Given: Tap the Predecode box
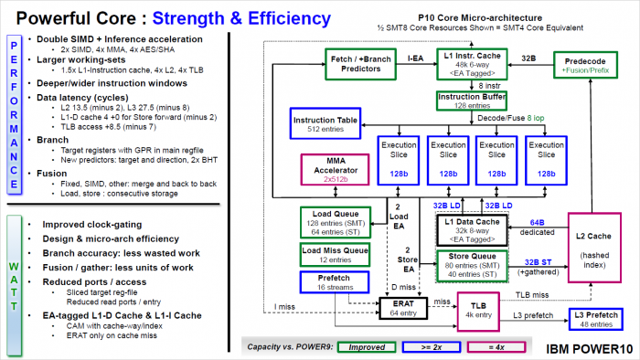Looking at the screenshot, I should (584, 62).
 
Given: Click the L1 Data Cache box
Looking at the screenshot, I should (466, 227).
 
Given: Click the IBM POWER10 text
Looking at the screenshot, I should (589, 347).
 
